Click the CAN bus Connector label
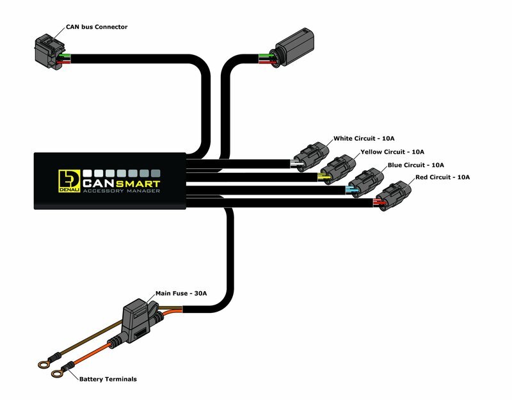coord(97,28)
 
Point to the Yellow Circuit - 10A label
coord(391,152)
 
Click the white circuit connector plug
coord(309,156)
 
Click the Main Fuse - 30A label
coord(181,294)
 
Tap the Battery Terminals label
coord(108,379)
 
